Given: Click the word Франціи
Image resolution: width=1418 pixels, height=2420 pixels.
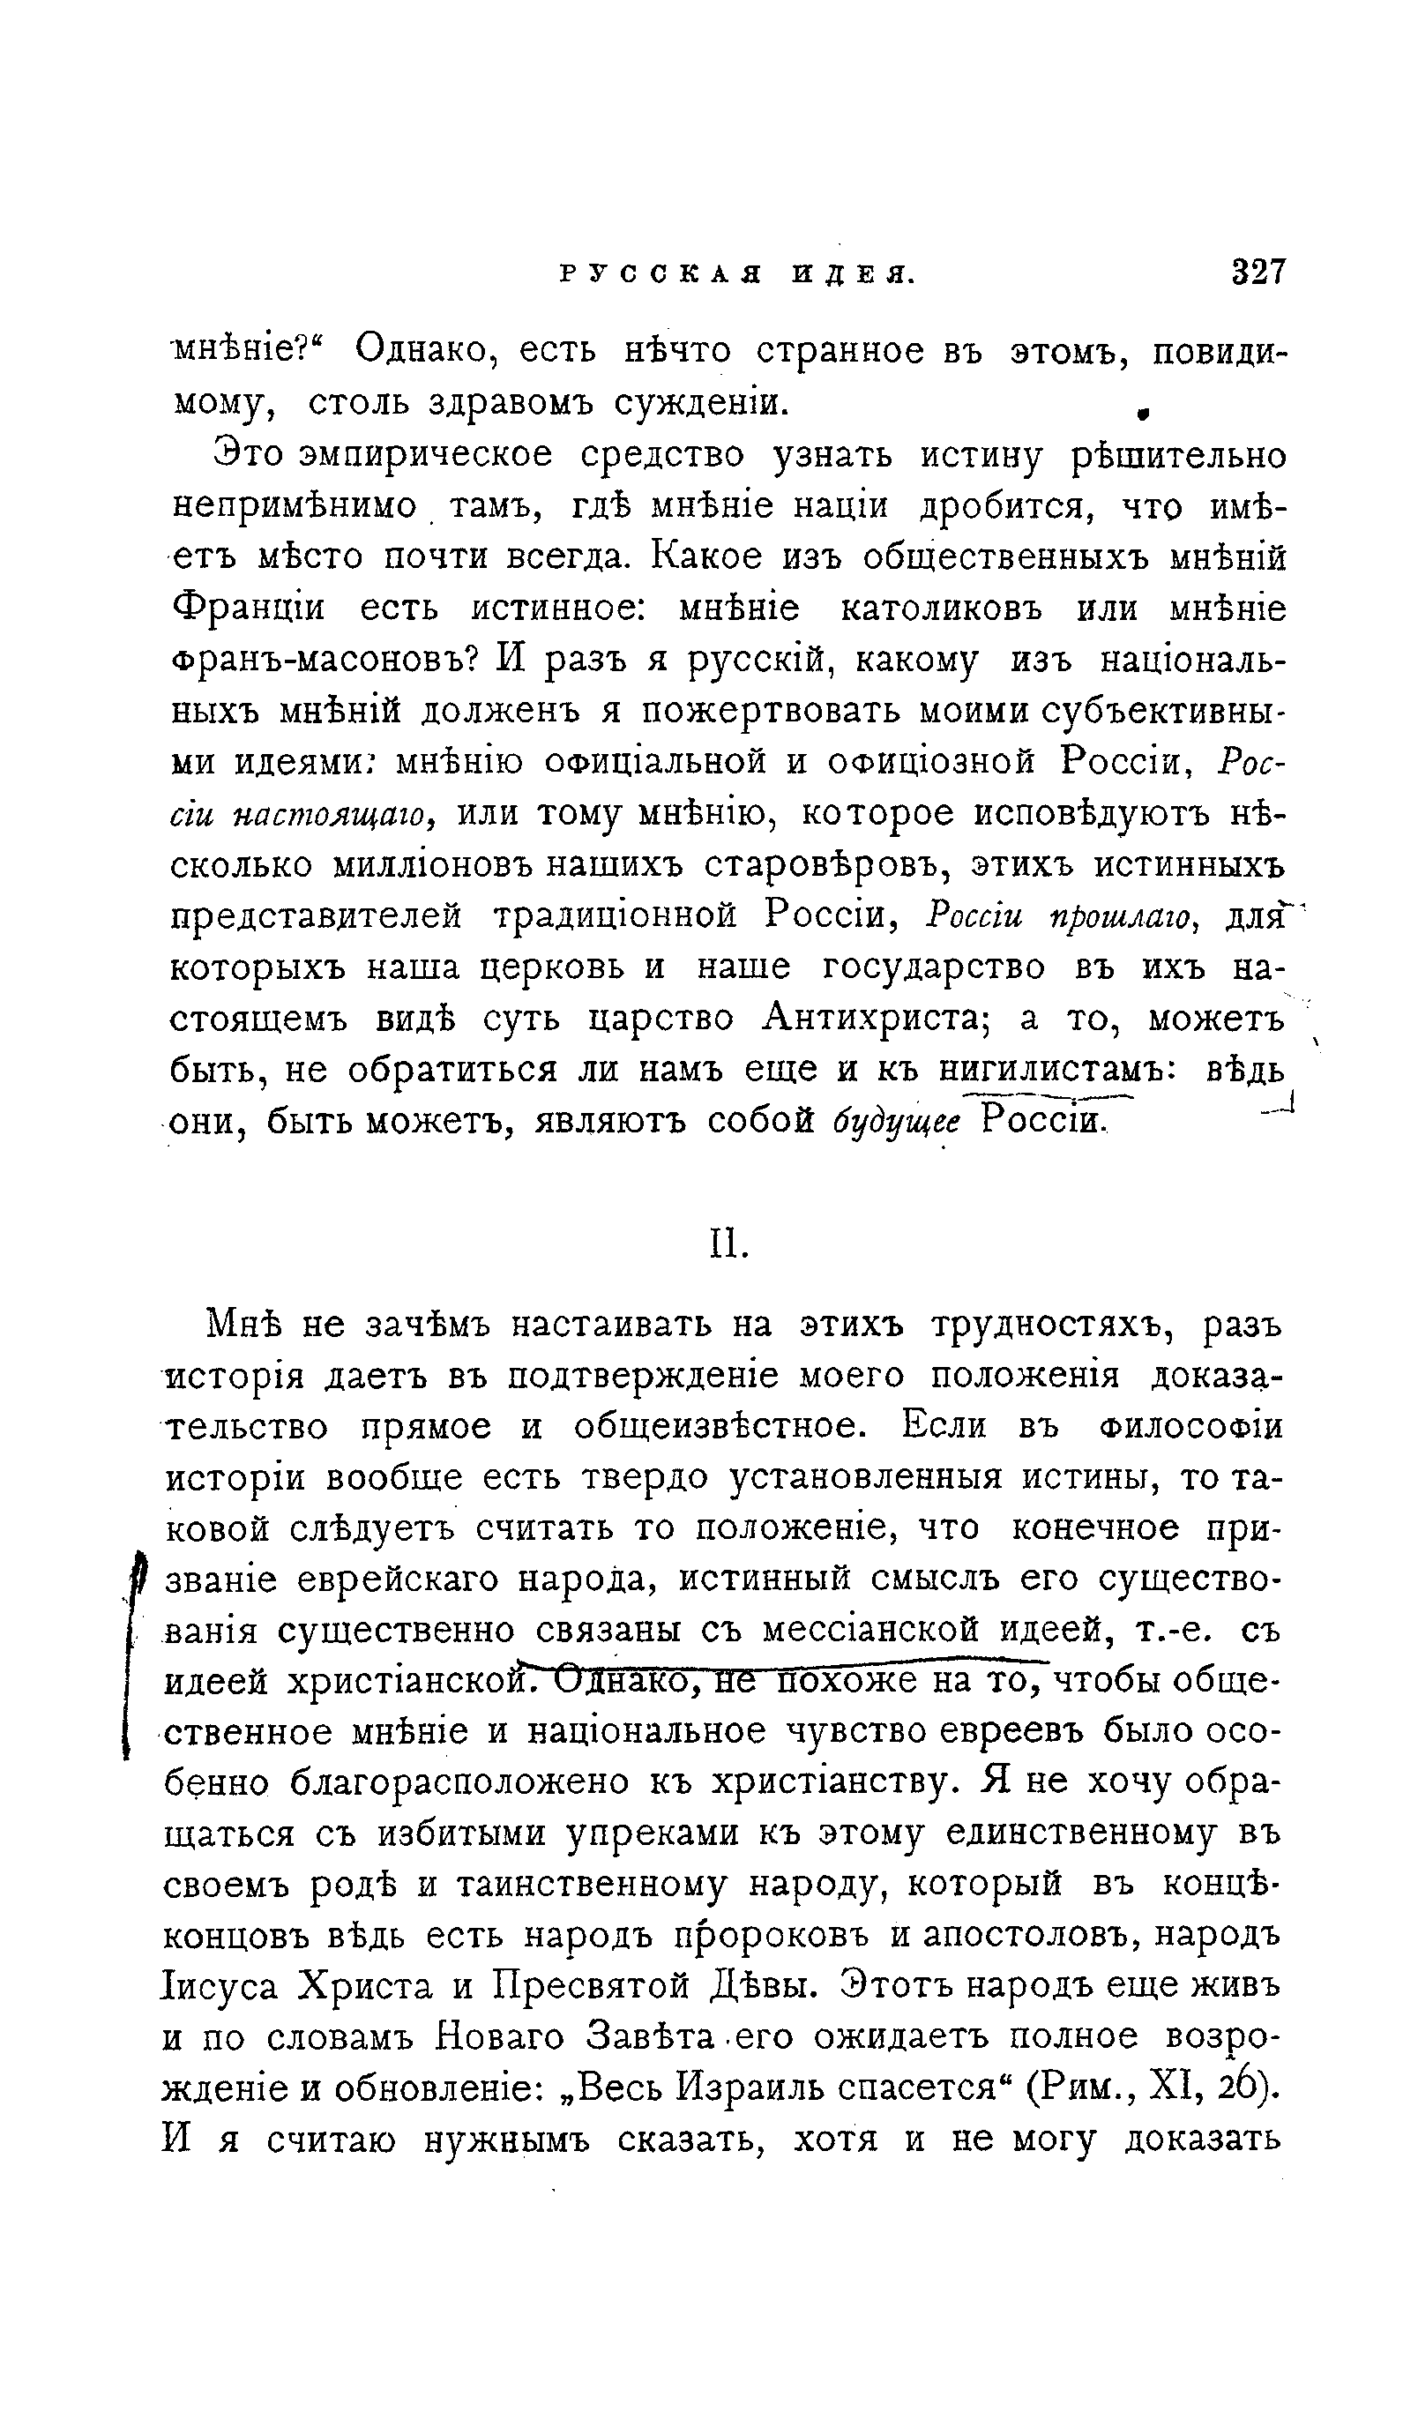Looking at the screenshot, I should (250, 609).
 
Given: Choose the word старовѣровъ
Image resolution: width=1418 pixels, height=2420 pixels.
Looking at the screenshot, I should (825, 865).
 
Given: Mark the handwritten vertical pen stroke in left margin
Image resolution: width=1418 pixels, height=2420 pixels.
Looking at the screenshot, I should (129, 1669).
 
